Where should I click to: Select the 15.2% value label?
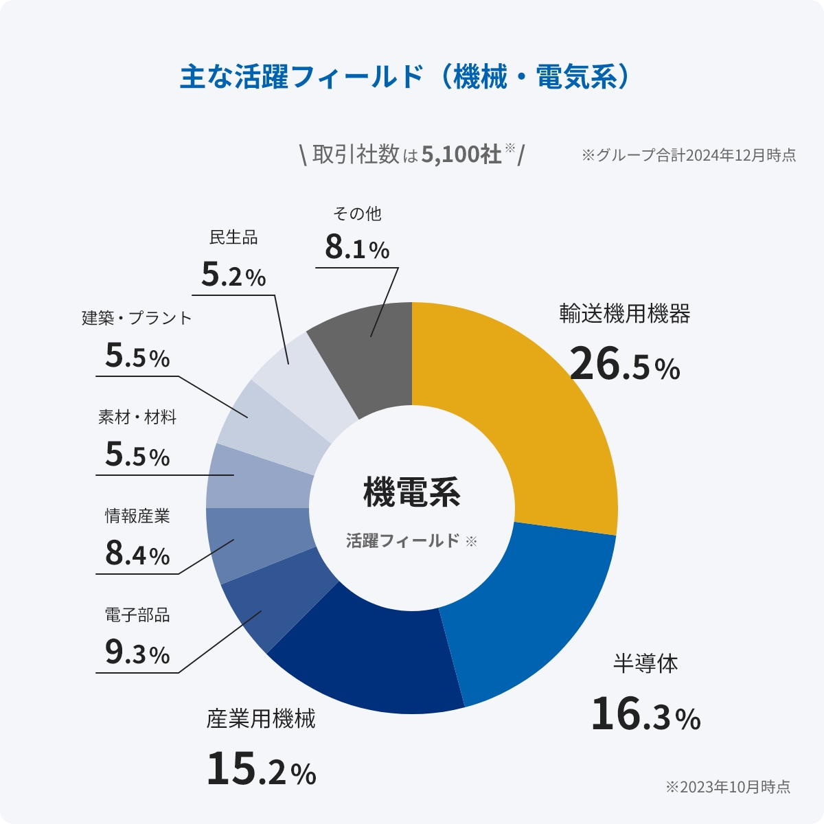tap(261, 769)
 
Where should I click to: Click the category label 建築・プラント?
tap(137, 318)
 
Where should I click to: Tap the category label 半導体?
tap(645, 664)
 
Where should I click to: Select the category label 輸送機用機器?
tap(624, 314)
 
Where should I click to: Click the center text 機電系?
tap(411, 492)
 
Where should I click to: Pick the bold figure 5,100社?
tap(461, 154)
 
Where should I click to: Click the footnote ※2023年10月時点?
tap(727, 787)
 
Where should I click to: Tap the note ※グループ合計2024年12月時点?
tap(689, 155)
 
